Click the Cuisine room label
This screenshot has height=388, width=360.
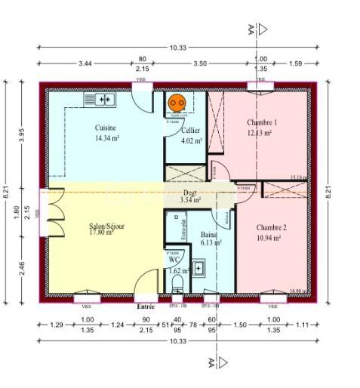click(x=106, y=128)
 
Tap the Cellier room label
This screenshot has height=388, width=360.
click(x=190, y=131)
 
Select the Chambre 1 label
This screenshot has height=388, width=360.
click(x=262, y=122)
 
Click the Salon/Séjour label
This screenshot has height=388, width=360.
click(x=107, y=226)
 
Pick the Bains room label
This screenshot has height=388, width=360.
click(x=208, y=236)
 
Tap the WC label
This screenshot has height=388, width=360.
click(x=174, y=260)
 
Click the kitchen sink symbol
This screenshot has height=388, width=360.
click(x=100, y=99)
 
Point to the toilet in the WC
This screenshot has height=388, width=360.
click(x=177, y=283)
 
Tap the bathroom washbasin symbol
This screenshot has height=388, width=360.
click(x=198, y=268)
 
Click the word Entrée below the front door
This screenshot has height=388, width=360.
click(x=146, y=307)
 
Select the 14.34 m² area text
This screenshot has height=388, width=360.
click(x=107, y=139)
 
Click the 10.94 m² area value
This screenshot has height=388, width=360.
click(x=268, y=238)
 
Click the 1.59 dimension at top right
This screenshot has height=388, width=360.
click(x=295, y=63)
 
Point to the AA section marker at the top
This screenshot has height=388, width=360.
click(x=251, y=29)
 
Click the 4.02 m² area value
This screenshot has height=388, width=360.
click(x=192, y=140)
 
